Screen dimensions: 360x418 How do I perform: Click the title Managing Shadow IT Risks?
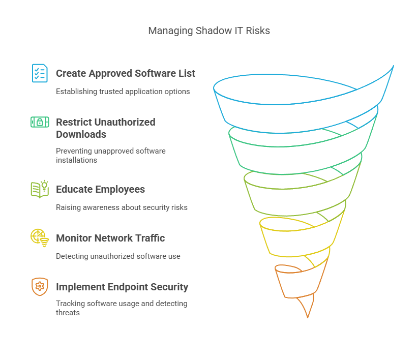(x=209, y=31)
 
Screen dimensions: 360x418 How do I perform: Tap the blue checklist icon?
(x=40, y=73)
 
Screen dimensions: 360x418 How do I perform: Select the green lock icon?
(x=40, y=122)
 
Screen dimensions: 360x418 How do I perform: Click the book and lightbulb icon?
(x=40, y=189)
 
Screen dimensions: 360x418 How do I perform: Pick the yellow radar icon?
(x=40, y=237)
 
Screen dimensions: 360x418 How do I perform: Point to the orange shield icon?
(x=40, y=287)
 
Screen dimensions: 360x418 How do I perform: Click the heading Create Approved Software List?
(x=125, y=73)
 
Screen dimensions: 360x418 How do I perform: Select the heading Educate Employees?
(x=100, y=189)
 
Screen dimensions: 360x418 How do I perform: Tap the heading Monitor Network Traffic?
(x=110, y=238)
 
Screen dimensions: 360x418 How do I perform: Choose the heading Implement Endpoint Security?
(x=122, y=287)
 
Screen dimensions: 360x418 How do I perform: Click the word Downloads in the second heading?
(x=81, y=134)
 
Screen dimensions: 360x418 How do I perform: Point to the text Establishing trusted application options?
(x=123, y=92)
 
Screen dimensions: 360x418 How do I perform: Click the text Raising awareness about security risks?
(x=122, y=207)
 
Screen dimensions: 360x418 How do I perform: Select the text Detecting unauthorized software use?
(x=118, y=256)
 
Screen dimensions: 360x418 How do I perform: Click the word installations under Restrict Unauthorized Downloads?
(x=76, y=160)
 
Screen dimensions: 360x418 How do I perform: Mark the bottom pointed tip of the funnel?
(x=308, y=316)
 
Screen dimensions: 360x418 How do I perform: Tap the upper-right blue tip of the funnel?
(x=392, y=67)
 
